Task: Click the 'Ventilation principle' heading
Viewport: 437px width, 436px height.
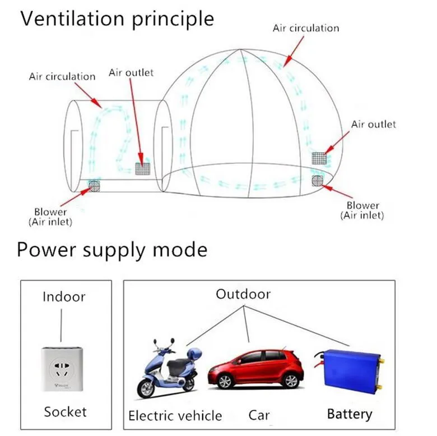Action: [117, 19]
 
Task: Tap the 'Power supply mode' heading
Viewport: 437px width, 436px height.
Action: [112, 250]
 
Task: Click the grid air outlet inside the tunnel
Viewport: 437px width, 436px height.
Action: [143, 168]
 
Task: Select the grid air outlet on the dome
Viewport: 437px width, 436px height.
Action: [319, 158]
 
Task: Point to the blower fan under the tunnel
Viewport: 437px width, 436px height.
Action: [94, 186]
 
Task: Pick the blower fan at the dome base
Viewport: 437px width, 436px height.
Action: [318, 181]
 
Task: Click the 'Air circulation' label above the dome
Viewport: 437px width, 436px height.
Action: [306, 28]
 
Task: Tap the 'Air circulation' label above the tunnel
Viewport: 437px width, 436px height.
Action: [62, 76]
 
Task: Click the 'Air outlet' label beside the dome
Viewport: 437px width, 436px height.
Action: [374, 124]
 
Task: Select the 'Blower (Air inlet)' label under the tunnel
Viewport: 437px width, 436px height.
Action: [50, 217]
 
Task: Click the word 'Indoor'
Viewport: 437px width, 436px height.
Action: [64, 297]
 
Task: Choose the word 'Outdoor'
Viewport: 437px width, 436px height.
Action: [243, 294]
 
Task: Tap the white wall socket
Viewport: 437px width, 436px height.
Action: [62, 369]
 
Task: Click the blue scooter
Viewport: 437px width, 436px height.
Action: [169, 369]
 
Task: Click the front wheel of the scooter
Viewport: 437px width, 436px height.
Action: [147, 388]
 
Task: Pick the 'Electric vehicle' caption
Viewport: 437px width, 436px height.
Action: [175, 416]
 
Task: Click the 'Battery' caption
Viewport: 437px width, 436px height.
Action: [350, 414]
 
